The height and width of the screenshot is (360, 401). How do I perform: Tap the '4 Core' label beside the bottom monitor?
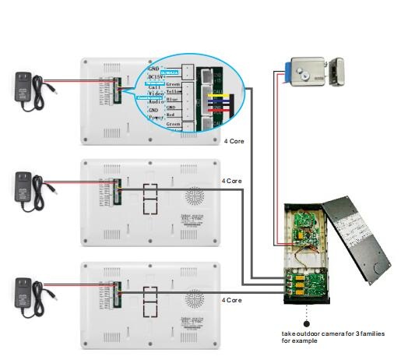coord(233,299)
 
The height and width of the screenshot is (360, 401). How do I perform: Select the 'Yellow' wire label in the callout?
coord(174,91)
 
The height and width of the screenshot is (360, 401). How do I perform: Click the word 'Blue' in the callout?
coord(172,99)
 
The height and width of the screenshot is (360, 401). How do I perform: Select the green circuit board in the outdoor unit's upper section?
coord(306,227)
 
